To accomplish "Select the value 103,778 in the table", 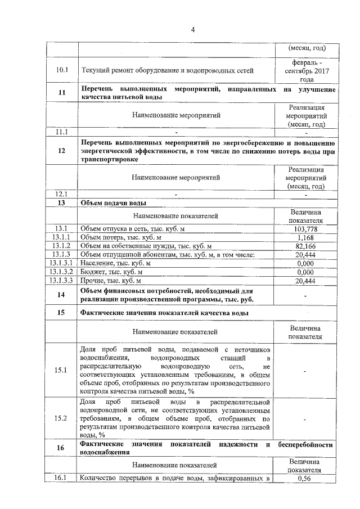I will [x=305, y=229].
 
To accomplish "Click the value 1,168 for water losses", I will [x=305, y=237].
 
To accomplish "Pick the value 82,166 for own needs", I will [x=305, y=246].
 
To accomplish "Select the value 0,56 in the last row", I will [x=305, y=479].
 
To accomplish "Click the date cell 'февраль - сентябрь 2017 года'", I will [x=305, y=70].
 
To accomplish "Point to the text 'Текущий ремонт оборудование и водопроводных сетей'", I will [x=168, y=70].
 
